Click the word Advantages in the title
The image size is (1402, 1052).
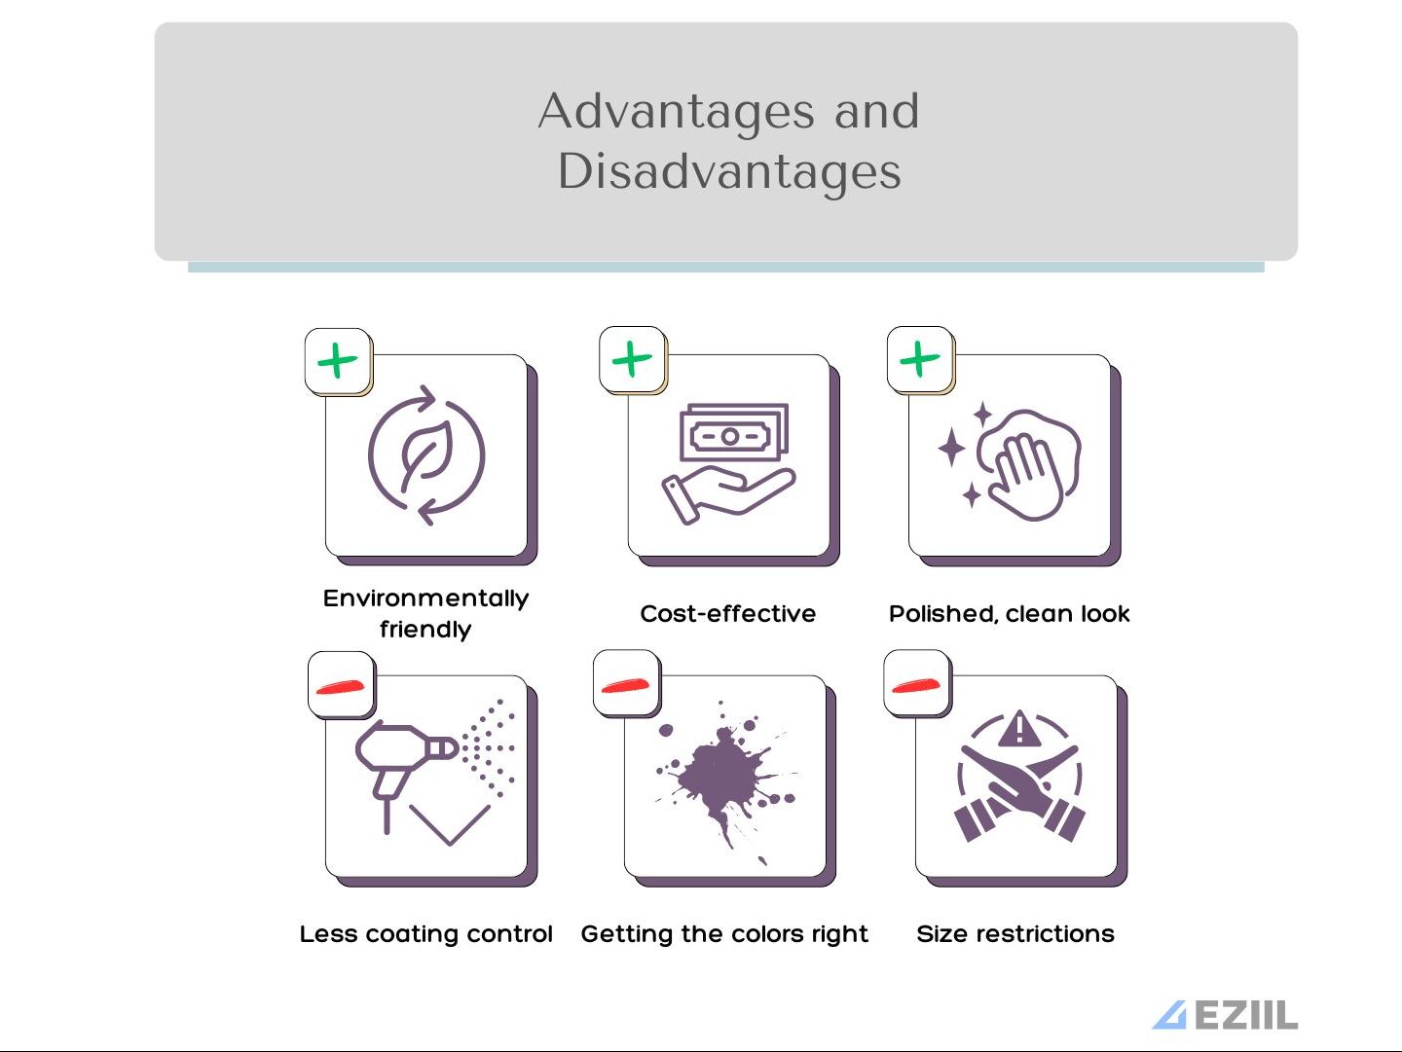point(677,112)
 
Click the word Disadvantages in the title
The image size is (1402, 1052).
point(729,172)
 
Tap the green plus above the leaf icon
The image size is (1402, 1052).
point(337,361)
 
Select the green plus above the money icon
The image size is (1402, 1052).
point(632,359)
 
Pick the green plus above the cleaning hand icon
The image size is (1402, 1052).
point(920,359)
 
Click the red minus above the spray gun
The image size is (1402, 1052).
point(341,687)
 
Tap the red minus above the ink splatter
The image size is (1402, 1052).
point(625,685)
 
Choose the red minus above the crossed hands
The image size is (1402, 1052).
point(916,685)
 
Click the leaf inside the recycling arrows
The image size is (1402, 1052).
point(426,453)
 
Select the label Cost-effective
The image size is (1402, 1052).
point(728,613)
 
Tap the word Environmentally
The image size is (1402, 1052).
point(426,599)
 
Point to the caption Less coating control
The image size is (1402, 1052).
point(426,934)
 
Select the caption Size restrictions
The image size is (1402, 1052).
point(1015,934)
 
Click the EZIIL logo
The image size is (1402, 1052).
point(1225,1015)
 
